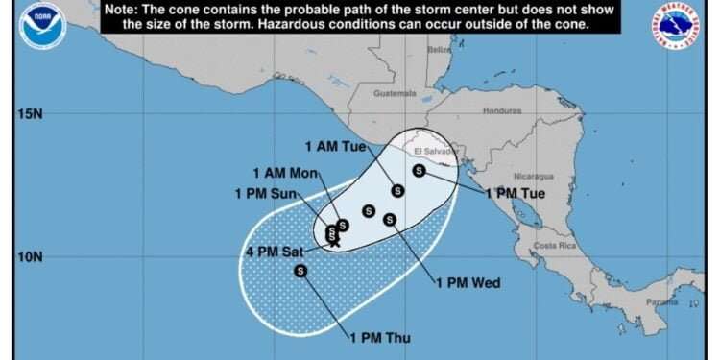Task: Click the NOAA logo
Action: click(x=42, y=25)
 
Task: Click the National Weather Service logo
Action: click(x=677, y=26)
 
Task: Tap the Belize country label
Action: click(x=440, y=49)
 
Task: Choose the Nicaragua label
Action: click(x=535, y=177)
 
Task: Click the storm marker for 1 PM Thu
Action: click(x=301, y=271)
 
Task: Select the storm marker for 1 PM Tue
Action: click(x=419, y=171)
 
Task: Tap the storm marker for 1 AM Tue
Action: click(x=397, y=190)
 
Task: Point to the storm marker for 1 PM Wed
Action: click(x=390, y=219)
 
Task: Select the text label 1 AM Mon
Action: click(x=286, y=174)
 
